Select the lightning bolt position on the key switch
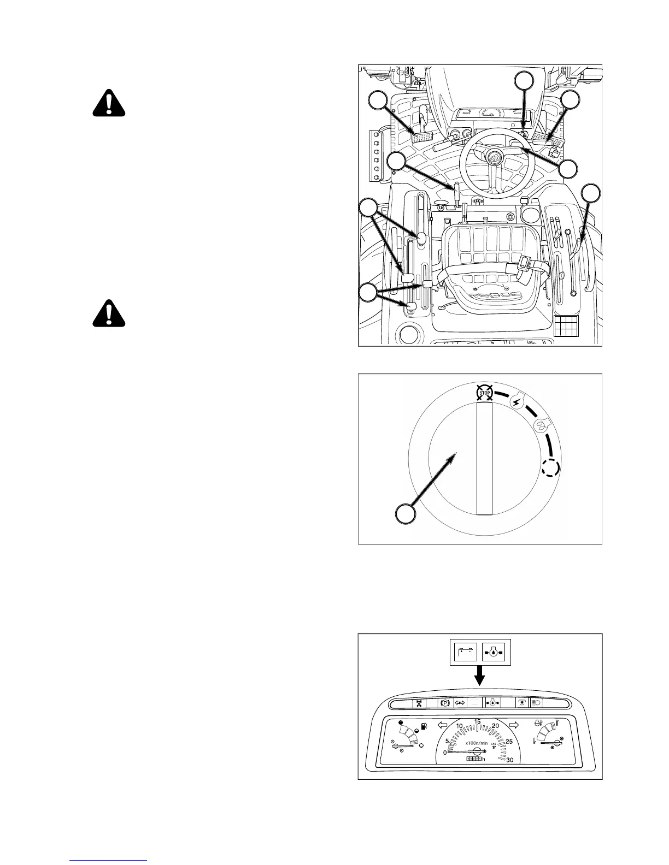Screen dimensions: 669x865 coord(517,403)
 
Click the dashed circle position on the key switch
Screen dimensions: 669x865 coord(551,467)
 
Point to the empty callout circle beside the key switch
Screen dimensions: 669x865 coord(404,514)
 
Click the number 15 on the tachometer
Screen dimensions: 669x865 coord(477,722)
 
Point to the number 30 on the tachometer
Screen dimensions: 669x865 coord(510,760)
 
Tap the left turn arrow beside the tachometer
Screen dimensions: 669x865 coord(444,725)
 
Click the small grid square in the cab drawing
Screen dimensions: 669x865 coord(565,327)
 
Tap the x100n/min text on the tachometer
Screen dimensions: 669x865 coord(477,743)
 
